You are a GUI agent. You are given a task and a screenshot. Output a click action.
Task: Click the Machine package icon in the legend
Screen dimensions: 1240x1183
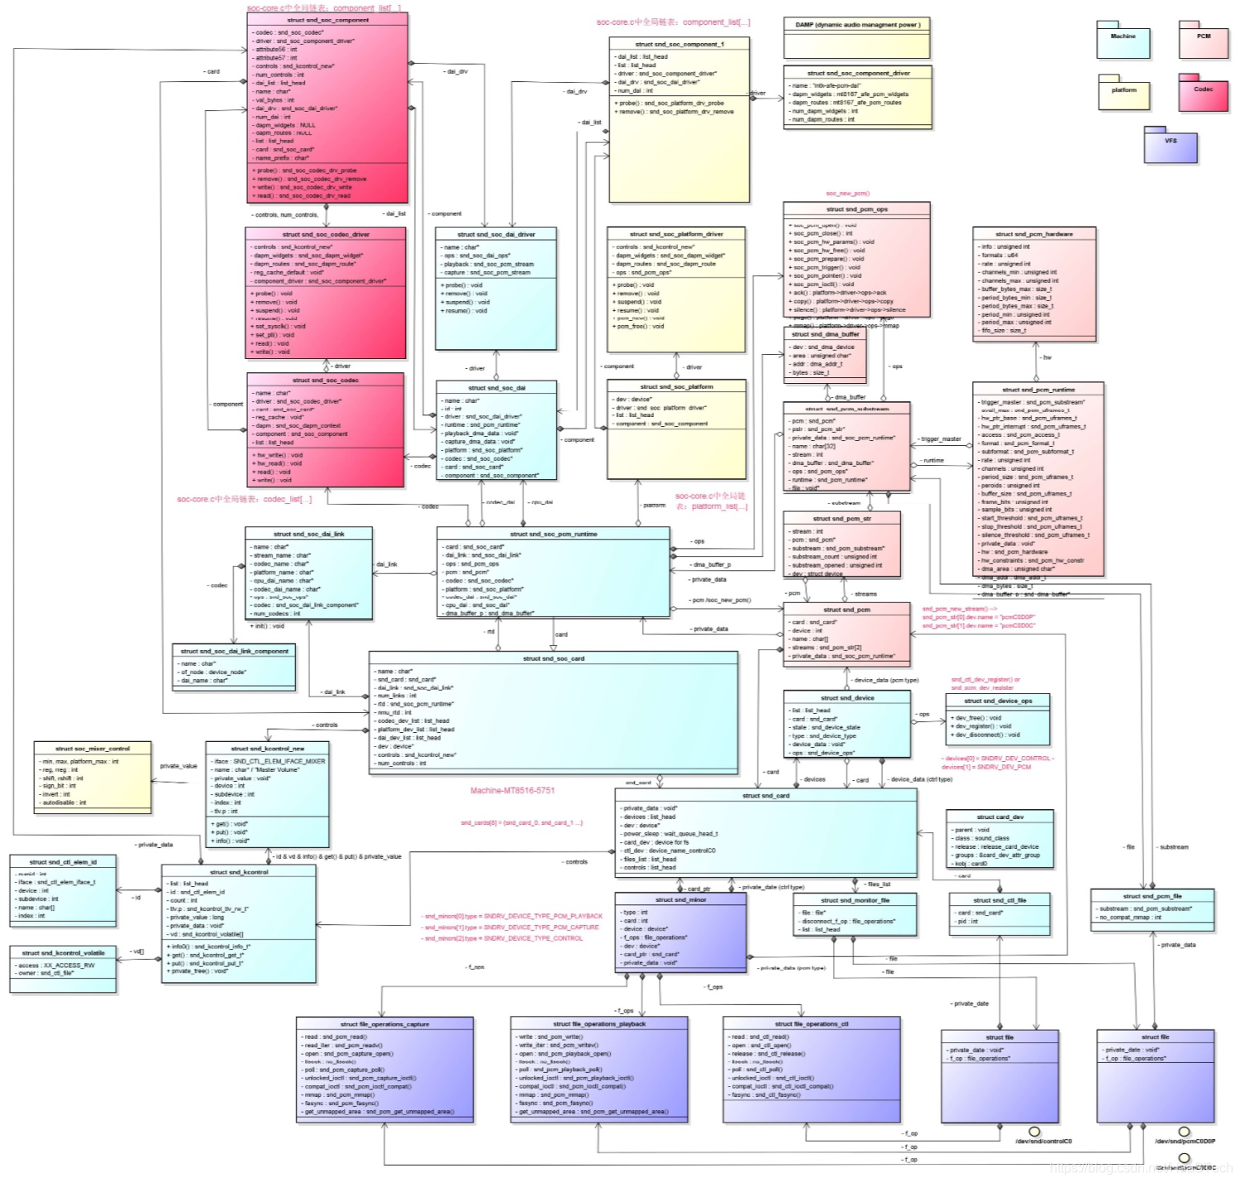[1123, 41]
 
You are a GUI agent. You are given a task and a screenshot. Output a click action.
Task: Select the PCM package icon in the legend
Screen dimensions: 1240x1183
[1203, 40]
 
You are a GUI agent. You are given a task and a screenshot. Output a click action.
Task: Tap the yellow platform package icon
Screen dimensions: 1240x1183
[1123, 93]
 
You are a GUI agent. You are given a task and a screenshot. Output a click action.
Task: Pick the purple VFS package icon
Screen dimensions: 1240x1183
[1171, 145]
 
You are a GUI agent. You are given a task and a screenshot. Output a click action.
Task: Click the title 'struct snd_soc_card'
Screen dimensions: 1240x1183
[553, 659]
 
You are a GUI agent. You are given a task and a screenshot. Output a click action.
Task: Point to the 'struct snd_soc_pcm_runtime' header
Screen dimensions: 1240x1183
[553, 534]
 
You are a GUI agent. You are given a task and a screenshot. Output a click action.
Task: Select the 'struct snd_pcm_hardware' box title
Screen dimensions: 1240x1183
[1034, 234]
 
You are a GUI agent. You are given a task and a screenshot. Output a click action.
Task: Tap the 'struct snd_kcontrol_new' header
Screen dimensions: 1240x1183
[267, 749]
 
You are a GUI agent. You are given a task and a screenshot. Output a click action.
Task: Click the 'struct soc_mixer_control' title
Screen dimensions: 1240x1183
[93, 749]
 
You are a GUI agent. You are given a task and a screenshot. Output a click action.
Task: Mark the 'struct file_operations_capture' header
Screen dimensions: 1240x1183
[384, 1024]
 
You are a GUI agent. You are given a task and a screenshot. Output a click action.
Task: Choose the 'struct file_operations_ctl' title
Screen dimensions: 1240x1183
[811, 1024]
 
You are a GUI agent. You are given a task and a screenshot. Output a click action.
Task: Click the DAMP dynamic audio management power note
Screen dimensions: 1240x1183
[857, 25]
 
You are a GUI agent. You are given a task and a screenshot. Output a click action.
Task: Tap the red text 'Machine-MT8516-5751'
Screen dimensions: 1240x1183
[513, 791]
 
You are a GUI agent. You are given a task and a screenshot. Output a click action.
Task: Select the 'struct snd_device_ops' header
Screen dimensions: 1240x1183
[998, 701]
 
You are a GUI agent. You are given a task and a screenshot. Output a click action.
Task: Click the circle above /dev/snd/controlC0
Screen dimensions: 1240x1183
[1034, 1132]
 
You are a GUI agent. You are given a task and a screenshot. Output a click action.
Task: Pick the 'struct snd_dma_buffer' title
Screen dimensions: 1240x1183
[825, 335]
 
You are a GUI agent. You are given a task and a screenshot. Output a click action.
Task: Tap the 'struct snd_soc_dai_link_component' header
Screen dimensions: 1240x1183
[234, 651]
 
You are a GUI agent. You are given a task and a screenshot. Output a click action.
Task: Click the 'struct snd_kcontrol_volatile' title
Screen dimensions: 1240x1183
[63, 953]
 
